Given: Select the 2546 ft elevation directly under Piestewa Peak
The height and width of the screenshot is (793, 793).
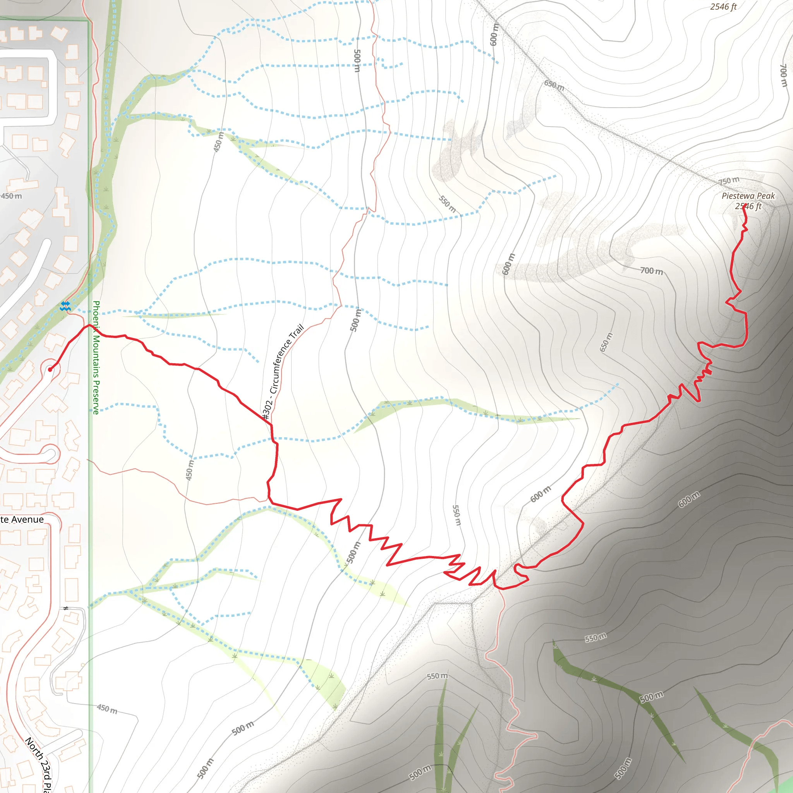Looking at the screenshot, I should point(748,206).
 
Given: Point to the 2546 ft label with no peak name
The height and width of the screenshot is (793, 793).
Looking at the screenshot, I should point(723,7).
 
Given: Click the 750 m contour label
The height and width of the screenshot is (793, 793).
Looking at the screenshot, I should point(729,180).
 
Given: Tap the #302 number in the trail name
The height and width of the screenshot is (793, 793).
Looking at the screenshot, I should point(267,409).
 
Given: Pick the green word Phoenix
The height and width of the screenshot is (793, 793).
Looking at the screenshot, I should point(96,316).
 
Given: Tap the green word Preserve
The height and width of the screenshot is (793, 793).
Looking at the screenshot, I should point(96,397).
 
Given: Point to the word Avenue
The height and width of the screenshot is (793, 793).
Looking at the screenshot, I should point(27,520).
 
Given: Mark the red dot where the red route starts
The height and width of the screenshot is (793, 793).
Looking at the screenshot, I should point(50,369).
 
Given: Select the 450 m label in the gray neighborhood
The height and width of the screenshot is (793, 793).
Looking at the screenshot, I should point(12,196).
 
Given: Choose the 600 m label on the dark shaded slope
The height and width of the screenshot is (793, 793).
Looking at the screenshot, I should point(689,499).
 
